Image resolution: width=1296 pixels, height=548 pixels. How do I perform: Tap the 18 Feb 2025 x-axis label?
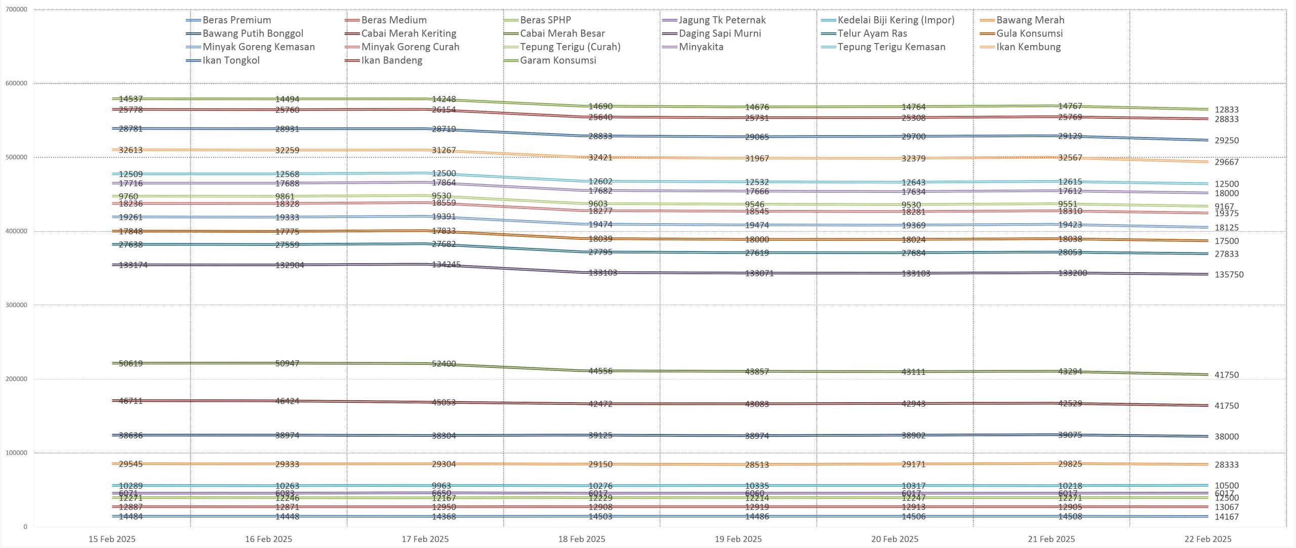[582, 539]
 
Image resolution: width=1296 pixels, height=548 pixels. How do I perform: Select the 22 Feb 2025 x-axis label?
[1208, 539]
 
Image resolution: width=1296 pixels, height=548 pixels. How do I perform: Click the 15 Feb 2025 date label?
[112, 539]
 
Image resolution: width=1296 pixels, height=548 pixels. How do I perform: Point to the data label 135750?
[1229, 275]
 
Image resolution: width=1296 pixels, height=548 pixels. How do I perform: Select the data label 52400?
[443, 364]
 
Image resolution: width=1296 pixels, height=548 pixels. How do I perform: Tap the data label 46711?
[131, 401]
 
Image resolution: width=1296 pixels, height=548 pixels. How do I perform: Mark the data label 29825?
[1070, 464]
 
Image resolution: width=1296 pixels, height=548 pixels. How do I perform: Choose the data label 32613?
[131, 150]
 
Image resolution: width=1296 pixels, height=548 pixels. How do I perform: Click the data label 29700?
[913, 137]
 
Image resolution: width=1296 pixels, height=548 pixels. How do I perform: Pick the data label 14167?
[1227, 517]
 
